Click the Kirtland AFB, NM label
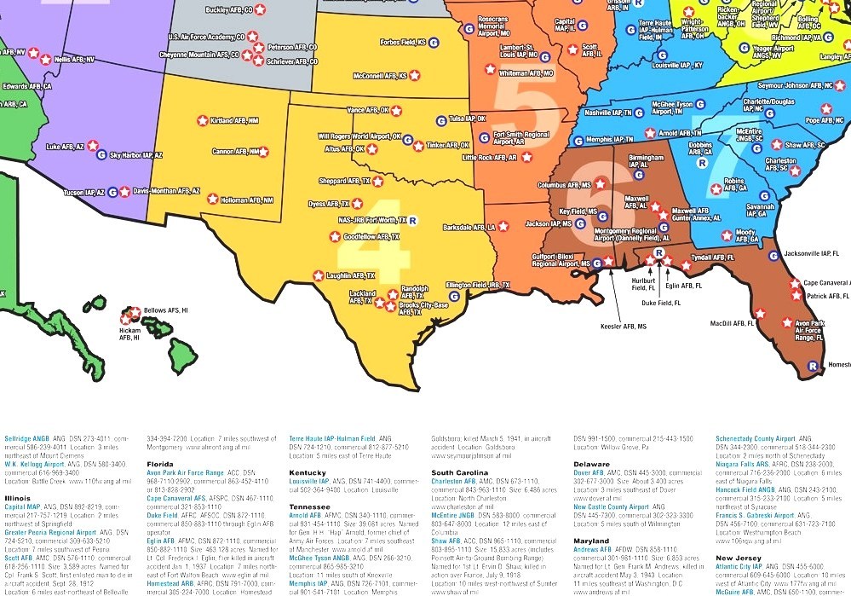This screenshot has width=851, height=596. [x=234, y=121]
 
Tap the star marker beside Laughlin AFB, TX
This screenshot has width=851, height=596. [x=318, y=275]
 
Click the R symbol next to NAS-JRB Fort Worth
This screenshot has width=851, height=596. [x=413, y=220]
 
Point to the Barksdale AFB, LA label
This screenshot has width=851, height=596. [x=469, y=228]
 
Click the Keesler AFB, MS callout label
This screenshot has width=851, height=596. [x=623, y=327]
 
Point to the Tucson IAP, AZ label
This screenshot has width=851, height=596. [x=85, y=193]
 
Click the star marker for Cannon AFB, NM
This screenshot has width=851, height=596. [x=263, y=152]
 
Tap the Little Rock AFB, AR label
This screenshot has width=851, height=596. [x=490, y=158]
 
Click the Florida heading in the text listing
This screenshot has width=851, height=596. [x=159, y=464]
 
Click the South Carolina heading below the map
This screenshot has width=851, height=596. [x=460, y=472]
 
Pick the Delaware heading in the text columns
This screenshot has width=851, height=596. [x=591, y=464]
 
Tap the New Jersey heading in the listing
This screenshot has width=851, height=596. [x=738, y=557]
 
